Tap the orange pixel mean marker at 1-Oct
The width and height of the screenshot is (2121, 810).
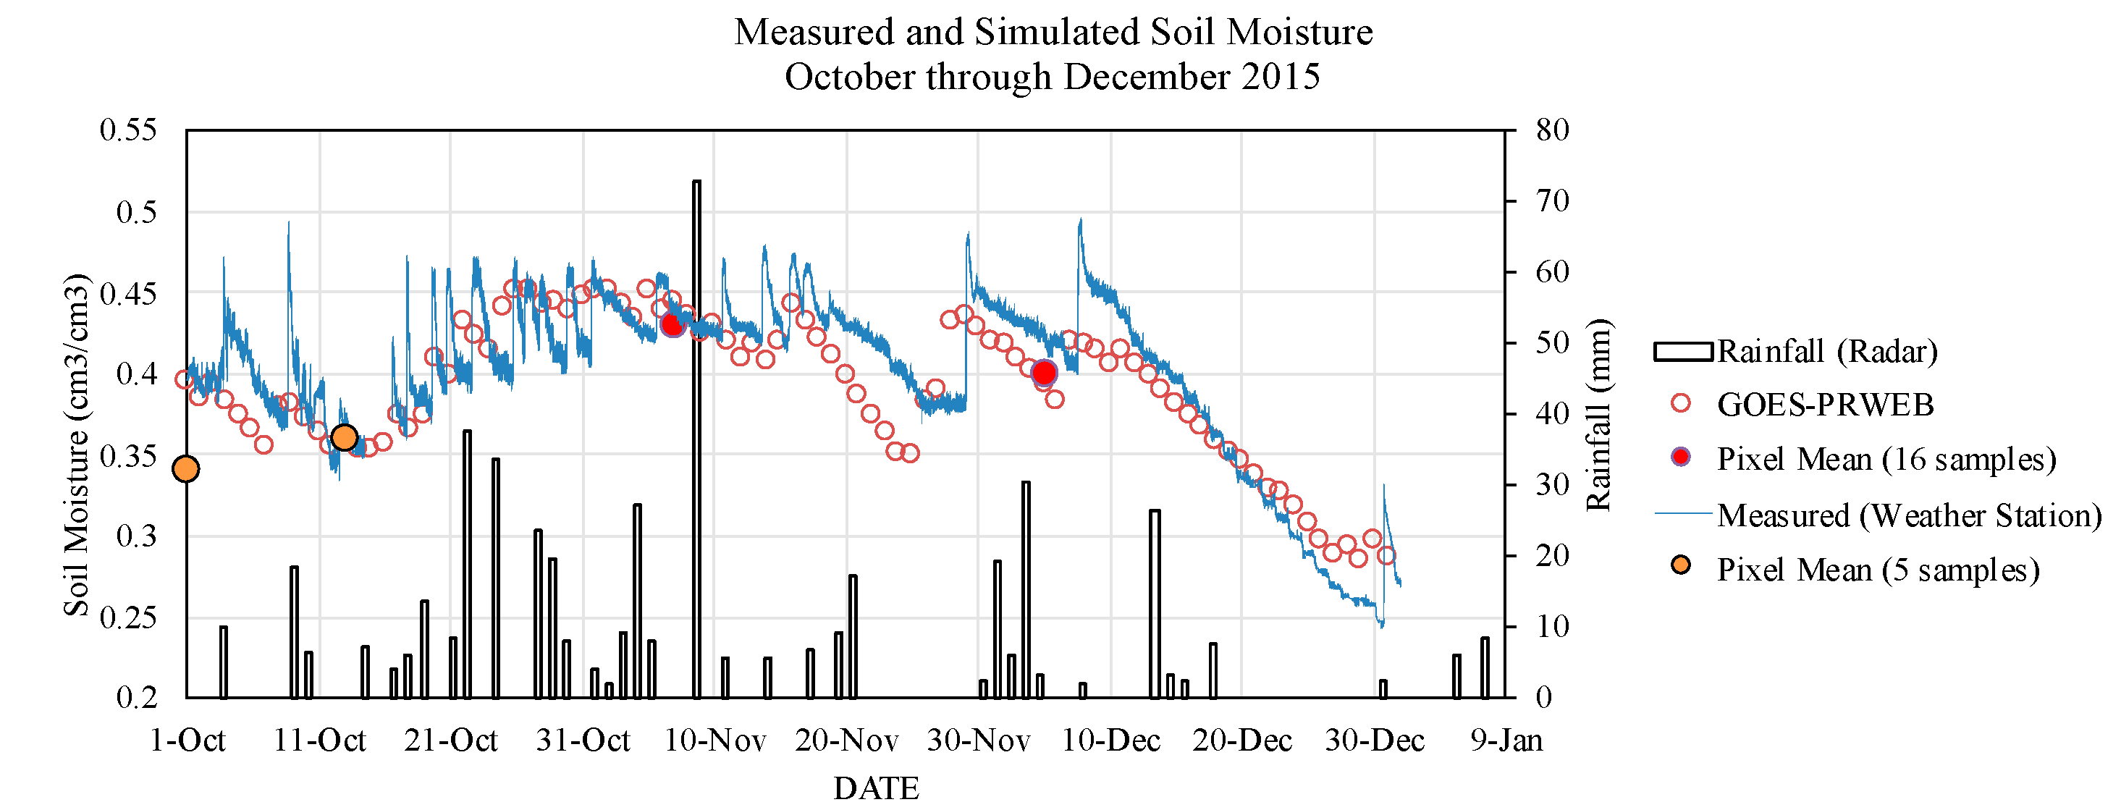[186, 469]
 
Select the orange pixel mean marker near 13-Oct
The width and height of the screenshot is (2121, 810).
[344, 437]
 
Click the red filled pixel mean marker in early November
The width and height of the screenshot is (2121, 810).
[672, 325]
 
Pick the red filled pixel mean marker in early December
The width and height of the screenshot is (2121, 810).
[1044, 373]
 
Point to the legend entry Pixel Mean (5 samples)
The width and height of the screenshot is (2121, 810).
[1877, 570]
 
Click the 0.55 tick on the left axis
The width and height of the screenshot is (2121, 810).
[127, 130]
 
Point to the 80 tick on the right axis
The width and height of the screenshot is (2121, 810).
[1552, 130]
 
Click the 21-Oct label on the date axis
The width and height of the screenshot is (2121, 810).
[450, 741]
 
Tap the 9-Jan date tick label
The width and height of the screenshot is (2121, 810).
[1506, 741]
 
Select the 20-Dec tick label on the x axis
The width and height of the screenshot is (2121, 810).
[1241, 741]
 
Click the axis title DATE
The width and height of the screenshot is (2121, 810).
[876, 788]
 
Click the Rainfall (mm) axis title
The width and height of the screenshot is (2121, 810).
[1598, 415]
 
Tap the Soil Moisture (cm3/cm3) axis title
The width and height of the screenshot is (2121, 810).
[76, 444]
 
